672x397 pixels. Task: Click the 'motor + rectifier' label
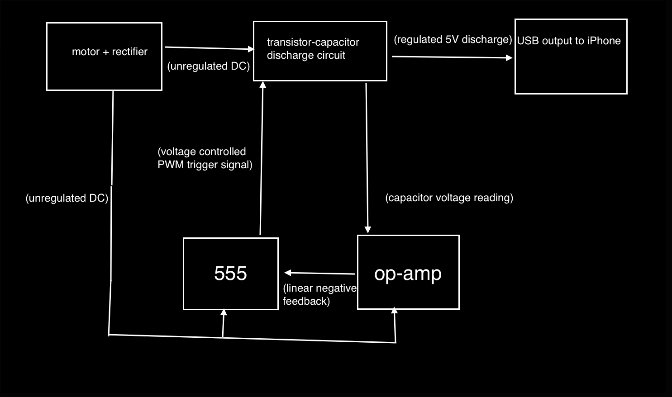pyautogui.click(x=110, y=52)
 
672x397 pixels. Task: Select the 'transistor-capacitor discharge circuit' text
pyautogui.click(x=313, y=49)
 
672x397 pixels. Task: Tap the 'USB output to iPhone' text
pyautogui.click(x=569, y=41)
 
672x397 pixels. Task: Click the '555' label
pyautogui.click(x=230, y=274)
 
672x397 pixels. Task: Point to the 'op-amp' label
pyautogui.click(x=408, y=274)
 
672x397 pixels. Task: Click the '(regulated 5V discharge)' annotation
pyautogui.click(x=453, y=40)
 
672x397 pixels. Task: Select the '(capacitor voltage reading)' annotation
pyautogui.click(x=449, y=198)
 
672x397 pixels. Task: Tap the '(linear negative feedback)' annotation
pyautogui.click(x=319, y=295)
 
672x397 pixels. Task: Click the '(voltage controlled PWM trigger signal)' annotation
pyautogui.click(x=205, y=158)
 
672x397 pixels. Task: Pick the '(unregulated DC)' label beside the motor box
pyautogui.click(x=208, y=66)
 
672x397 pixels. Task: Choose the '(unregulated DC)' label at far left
pyautogui.click(x=67, y=198)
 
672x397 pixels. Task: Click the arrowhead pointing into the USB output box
pyautogui.click(x=509, y=57)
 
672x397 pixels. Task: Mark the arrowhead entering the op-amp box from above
pyautogui.click(x=368, y=230)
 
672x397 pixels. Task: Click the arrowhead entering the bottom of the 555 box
pyautogui.click(x=224, y=312)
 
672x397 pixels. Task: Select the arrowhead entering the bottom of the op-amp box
pyautogui.click(x=394, y=311)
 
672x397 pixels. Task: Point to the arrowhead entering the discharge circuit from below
pyautogui.click(x=262, y=84)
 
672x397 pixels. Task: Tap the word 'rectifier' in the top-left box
pyautogui.click(x=129, y=52)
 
